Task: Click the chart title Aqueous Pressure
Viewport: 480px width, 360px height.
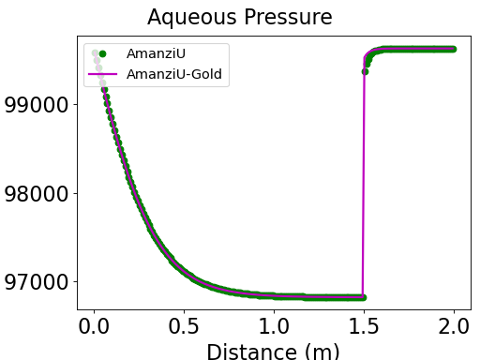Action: (239, 18)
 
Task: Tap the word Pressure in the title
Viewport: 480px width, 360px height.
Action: (290, 18)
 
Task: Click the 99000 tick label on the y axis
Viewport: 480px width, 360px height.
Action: (37, 104)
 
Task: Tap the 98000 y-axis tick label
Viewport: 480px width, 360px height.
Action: (37, 194)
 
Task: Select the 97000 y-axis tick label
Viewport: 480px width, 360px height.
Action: (37, 282)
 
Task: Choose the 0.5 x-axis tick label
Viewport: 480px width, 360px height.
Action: (184, 328)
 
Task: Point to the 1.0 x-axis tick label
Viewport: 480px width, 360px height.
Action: (274, 328)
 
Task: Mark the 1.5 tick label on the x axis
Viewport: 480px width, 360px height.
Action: (364, 328)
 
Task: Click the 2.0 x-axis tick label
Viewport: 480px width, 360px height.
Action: (454, 328)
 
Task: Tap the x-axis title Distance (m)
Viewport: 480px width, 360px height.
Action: (273, 352)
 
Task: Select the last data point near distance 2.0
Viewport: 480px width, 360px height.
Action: (453, 49)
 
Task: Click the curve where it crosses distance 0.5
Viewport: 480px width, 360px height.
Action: (184, 272)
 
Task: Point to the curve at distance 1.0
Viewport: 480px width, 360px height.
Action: (274, 295)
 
